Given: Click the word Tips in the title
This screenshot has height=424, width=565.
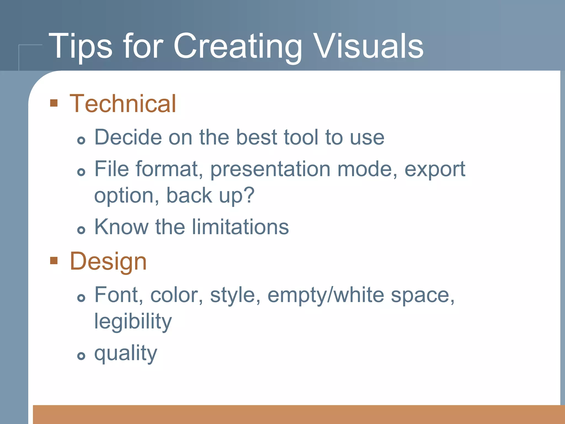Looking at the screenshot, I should pyautogui.click(x=80, y=46).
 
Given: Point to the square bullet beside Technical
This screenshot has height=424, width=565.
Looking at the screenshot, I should pyautogui.click(x=54, y=103).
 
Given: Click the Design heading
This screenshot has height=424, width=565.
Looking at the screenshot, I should pyautogui.click(x=108, y=262).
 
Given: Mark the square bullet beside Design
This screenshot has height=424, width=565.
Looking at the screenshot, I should pyautogui.click(x=54, y=260).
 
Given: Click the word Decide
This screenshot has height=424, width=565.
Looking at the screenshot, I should pyautogui.click(x=128, y=137).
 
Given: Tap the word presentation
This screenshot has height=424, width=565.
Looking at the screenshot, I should pyautogui.click(x=270, y=169).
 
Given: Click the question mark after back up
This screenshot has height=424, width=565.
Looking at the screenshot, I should pyautogui.click(x=249, y=195).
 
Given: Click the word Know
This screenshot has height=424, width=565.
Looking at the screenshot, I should pyautogui.click(x=121, y=227).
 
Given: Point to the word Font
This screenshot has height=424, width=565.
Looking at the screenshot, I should pyautogui.click(x=119, y=295).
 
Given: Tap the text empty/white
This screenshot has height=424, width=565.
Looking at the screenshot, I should pyautogui.click(x=326, y=295).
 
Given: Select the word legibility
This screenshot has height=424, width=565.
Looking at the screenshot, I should pyautogui.click(x=133, y=322).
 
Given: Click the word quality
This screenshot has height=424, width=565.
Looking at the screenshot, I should pyautogui.click(x=126, y=354).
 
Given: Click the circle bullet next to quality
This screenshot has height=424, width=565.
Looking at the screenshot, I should pyautogui.click(x=81, y=356).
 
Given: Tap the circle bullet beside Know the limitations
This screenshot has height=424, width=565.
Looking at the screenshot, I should pyautogui.click(x=81, y=230).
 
